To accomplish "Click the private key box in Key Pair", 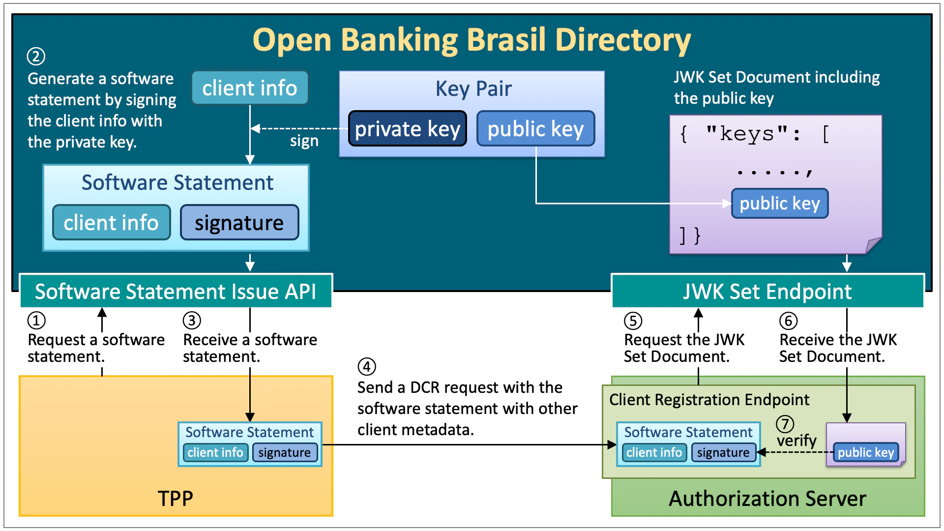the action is (x=407, y=129).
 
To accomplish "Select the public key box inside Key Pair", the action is (x=535, y=129).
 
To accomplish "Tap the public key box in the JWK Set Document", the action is (x=780, y=203).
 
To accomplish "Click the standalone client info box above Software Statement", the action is (x=250, y=88).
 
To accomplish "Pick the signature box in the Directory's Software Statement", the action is (x=239, y=223).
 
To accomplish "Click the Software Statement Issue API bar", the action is (x=176, y=291).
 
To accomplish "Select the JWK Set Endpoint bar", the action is (x=767, y=291).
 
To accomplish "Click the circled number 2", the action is (x=36, y=56).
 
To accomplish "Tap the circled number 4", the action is (x=367, y=366).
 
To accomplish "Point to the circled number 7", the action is (x=785, y=423).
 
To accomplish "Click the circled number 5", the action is (x=633, y=321).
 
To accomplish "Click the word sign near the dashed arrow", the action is (x=304, y=142).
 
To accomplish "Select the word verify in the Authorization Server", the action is (x=796, y=441).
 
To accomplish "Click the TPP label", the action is (x=176, y=499).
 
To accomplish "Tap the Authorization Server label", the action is (x=767, y=499).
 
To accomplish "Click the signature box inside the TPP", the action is (x=285, y=452).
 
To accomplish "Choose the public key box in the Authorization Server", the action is (x=866, y=452).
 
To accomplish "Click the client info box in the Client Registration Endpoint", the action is (x=654, y=452).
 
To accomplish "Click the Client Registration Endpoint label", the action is (x=709, y=400).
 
